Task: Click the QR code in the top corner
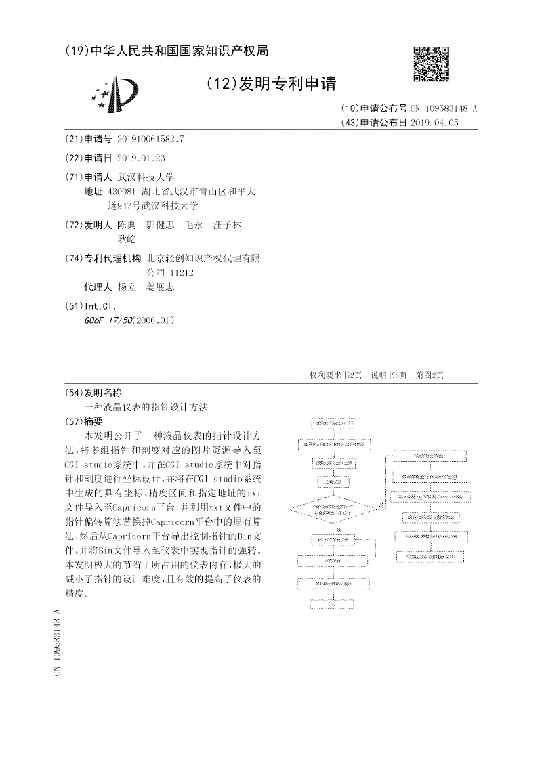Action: pos(431,63)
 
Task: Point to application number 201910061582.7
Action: pos(150,139)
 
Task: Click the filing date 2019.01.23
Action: pos(141,158)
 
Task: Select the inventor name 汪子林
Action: pos(227,224)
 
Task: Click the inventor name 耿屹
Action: pos(127,238)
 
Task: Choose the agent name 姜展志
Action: pos(160,287)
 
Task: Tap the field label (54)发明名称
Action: pos(93,393)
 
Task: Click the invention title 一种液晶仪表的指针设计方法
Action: pos(146,407)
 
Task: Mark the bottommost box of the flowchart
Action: pos(331,603)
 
